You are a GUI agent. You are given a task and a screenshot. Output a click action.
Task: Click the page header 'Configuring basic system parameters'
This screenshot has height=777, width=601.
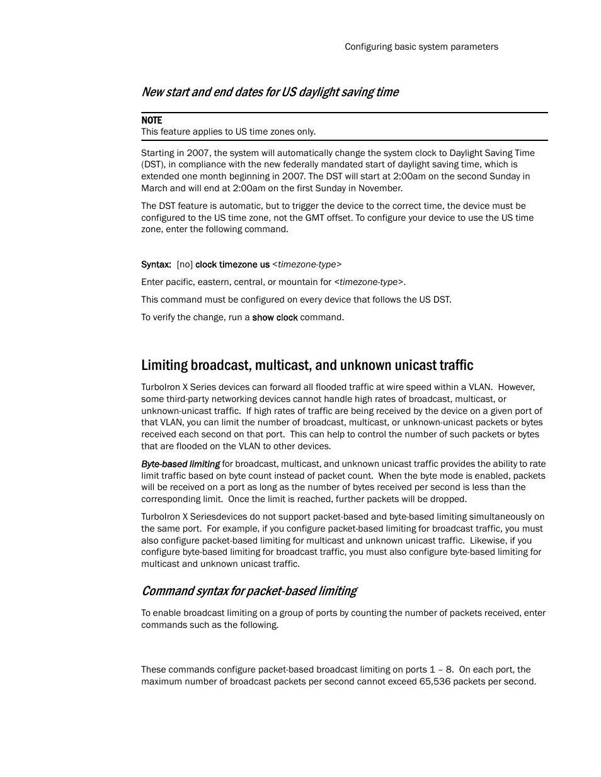(x=421, y=47)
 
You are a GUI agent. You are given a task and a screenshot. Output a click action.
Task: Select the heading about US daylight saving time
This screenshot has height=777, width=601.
(x=270, y=92)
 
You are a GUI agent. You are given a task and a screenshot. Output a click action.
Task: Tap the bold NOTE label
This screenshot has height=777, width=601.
(x=151, y=120)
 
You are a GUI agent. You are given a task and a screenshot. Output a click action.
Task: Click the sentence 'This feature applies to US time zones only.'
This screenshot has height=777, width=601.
(x=228, y=131)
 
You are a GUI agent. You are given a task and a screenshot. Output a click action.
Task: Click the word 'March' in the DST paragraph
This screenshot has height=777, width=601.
(x=154, y=188)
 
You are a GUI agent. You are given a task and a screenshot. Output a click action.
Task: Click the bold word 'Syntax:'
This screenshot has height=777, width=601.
(x=156, y=265)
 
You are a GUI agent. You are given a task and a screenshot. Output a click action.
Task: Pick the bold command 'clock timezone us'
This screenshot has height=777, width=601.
(x=232, y=265)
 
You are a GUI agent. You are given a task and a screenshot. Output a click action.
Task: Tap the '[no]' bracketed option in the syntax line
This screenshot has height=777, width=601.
(x=185, y=265)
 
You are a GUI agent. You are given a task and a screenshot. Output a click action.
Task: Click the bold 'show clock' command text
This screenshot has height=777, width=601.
(x=275, y=318)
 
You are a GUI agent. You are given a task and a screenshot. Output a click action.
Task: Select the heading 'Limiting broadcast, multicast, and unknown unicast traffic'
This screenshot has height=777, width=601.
(x=307, y=366)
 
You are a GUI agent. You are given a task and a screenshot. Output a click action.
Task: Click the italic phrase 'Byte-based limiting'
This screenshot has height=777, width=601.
(x=180, y=464)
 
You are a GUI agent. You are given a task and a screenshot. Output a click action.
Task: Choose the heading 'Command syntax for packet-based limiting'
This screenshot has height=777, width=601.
(x=249, y=591)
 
